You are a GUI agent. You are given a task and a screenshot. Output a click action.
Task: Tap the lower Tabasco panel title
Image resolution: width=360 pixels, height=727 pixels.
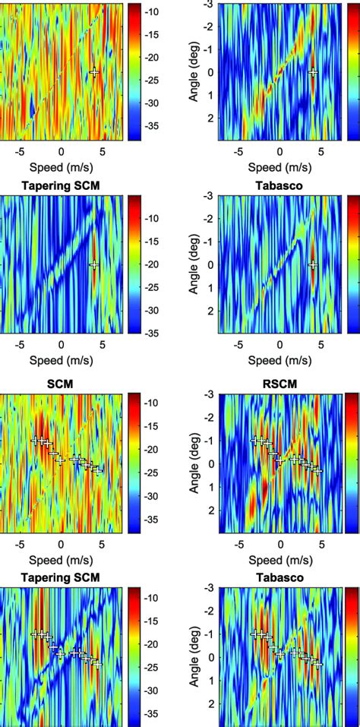[x=279, y=577]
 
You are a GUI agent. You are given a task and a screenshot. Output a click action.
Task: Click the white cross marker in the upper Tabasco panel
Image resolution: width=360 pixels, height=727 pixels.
[x=313, y=265]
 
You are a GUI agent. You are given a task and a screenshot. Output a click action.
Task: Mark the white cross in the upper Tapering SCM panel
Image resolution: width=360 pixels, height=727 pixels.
[x=94, y=265]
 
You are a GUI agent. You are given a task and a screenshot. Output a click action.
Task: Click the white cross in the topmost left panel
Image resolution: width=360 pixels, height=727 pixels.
[x=94, y=73]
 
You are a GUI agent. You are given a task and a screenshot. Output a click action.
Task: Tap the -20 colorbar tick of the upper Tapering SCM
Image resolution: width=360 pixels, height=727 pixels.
[x=153, y=264]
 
